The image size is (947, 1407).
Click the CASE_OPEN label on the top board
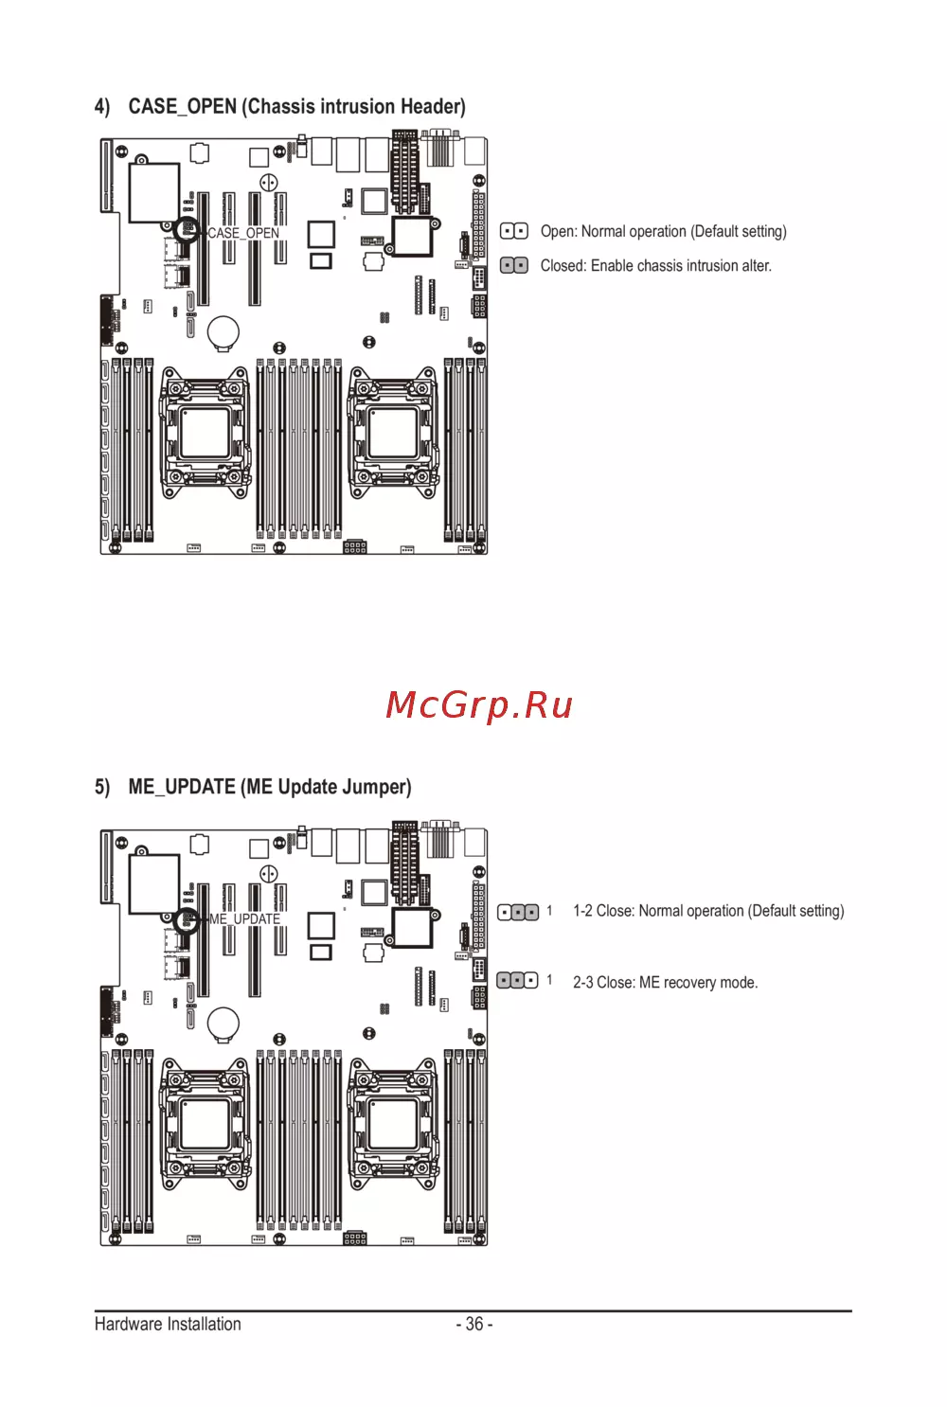[243, 233]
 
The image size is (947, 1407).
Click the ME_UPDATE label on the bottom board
[244, 919]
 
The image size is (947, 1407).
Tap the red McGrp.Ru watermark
[479, 705]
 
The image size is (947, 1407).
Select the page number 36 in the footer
[474, 1324]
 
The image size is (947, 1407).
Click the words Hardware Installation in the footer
[168, 1324]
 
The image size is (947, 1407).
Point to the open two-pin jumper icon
[514, 231]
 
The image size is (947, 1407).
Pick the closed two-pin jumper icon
[514, 265]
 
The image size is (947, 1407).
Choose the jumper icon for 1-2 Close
[518, 912]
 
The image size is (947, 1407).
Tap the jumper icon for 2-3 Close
[517, 981]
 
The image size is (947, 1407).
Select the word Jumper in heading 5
[377, 787]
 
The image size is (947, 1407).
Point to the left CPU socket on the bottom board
[205, 1124]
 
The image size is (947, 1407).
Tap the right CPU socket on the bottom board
[393, 1124]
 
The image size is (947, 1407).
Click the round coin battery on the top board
[223, 331]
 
